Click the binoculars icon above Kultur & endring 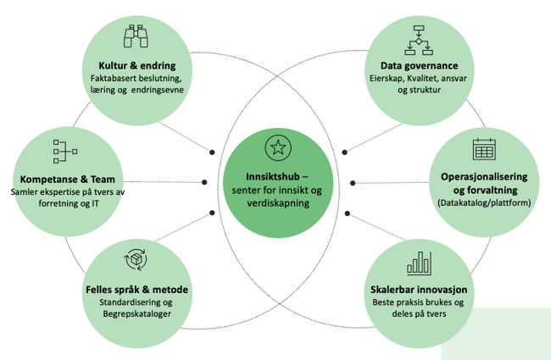pyautogui.click(x=136, y=38)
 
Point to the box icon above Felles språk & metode pyautogui.click(x=136, y=261)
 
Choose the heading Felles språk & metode pyautogui.click(x=136, y=290)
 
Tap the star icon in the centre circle pyautogui.click(x=275, y=147)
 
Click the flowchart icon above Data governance pyautogui.click(x=418, y=38)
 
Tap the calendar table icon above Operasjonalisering pyautogui.click(x=484, y=150)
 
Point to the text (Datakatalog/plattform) pyautogui.click(x=484, y=203)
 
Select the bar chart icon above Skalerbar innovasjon pyautogui.click(x=419, y=263)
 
